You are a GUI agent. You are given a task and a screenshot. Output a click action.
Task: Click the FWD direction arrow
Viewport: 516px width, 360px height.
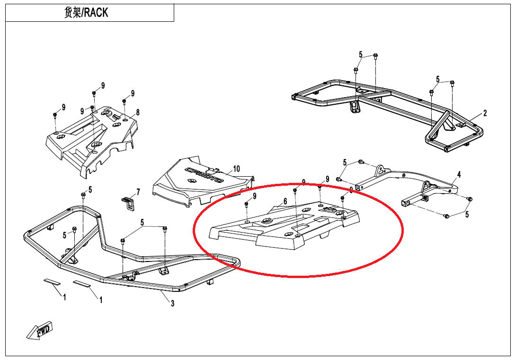pyautogui.click(x=40, y=331)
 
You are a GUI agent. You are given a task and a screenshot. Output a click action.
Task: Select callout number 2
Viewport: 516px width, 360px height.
pyautogui.click(x=485, y=113)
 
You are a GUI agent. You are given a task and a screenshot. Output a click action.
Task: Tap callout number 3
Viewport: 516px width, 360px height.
pyautogui.click(x=172, y=303)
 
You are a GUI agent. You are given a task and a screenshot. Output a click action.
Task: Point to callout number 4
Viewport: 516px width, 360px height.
pyautogui.click(x=458, y=174)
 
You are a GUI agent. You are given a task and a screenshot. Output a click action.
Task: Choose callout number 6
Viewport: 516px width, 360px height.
pyautogui.click(x=285, y=201)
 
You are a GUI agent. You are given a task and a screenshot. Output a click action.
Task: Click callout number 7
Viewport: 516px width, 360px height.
pyautogui.click(x=138, y=192)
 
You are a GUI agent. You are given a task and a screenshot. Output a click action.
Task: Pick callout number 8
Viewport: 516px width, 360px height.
pyautogui.click(x=137, y=112)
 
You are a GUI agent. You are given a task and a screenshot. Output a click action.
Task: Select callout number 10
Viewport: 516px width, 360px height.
pyautogui.click(x=236, y=169)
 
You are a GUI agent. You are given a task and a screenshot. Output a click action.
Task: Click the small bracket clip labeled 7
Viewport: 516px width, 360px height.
pyautogui.click(x=128, y=203)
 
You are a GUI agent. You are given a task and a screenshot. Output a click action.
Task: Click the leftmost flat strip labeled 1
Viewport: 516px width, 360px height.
pyautogui.click(x=52, y=281)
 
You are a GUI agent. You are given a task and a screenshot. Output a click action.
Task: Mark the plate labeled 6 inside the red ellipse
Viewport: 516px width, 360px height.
pyautogui.click(x=284, y=227)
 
